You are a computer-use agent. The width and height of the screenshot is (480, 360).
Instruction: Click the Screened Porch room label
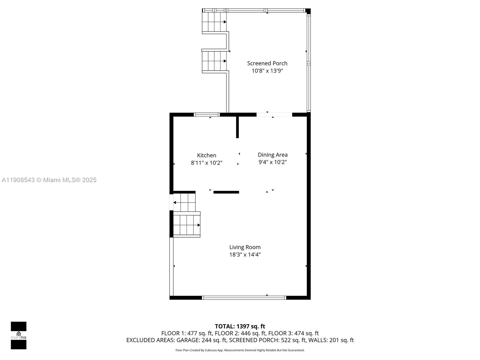coord(267,63)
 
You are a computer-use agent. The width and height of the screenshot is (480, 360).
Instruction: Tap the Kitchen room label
coord(206,155)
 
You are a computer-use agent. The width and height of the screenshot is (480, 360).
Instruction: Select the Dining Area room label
coord(272,155)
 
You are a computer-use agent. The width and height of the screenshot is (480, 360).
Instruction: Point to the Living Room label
coord(245,247)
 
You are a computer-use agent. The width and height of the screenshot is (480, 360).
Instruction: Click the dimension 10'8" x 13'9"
coord(267,71)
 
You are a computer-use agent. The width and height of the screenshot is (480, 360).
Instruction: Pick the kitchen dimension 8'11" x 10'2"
coord(206,163)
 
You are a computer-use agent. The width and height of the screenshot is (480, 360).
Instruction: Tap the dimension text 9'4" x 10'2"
coord(272,162)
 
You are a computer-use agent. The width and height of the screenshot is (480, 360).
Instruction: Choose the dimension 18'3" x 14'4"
coord(245,255)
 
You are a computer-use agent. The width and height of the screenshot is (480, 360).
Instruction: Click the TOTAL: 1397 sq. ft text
coord(240,326)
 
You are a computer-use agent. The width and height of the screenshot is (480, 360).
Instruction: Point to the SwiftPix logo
coord(19,335)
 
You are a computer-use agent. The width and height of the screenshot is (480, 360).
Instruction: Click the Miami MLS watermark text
coord(49,180)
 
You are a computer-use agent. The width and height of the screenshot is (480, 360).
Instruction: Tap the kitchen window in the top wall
coord(207,115)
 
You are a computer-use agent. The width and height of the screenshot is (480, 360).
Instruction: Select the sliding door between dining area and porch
coord(274,115)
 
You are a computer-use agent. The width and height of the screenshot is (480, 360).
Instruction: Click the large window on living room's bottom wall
coord(244,298)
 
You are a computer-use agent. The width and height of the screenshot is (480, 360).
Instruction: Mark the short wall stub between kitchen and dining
coord(237,127)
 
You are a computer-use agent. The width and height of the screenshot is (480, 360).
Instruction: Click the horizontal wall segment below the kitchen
coord(226,192)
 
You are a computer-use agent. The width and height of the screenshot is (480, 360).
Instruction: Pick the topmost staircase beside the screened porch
coord(214,22)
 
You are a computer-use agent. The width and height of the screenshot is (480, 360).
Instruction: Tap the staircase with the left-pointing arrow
coord(184,202)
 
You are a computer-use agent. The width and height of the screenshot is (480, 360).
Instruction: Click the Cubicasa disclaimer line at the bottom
coord(240,350)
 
